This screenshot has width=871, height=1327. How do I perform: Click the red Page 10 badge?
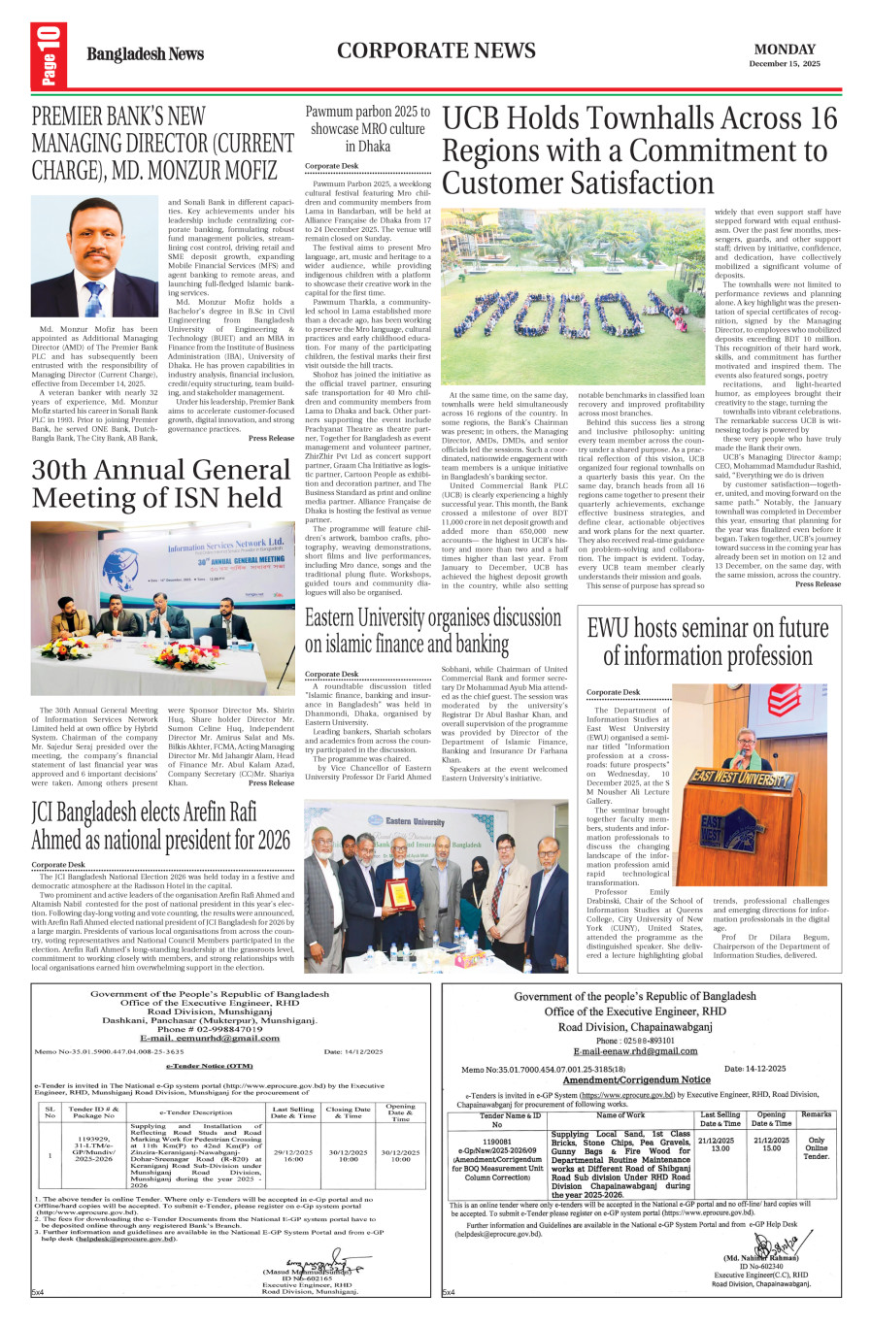(50, 54)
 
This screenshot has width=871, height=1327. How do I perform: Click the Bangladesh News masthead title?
(145, 54)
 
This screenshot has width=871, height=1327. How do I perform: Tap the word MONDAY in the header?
(785, 50)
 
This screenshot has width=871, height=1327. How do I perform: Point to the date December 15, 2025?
(785, 64)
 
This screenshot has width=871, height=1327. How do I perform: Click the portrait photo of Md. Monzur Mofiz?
(95, 257)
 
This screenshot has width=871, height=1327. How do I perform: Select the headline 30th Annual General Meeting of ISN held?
(160, 483)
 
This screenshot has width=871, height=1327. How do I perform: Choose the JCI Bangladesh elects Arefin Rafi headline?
(160, 825)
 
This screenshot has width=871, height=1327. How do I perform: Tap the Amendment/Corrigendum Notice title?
(636, 1079)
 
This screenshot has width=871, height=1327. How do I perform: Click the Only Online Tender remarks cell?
(816, 1148)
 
